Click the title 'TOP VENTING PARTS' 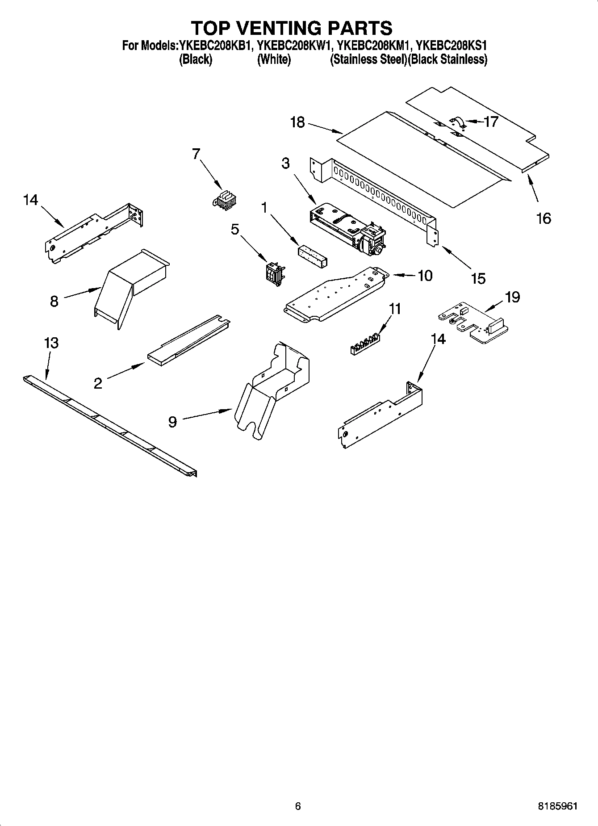point(292,28)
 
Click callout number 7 point(196,154)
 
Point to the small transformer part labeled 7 point(225,200)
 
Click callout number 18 point(297,122)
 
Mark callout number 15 point(478,278)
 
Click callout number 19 point(513,297)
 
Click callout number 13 point(51,343)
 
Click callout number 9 point(173,421)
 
